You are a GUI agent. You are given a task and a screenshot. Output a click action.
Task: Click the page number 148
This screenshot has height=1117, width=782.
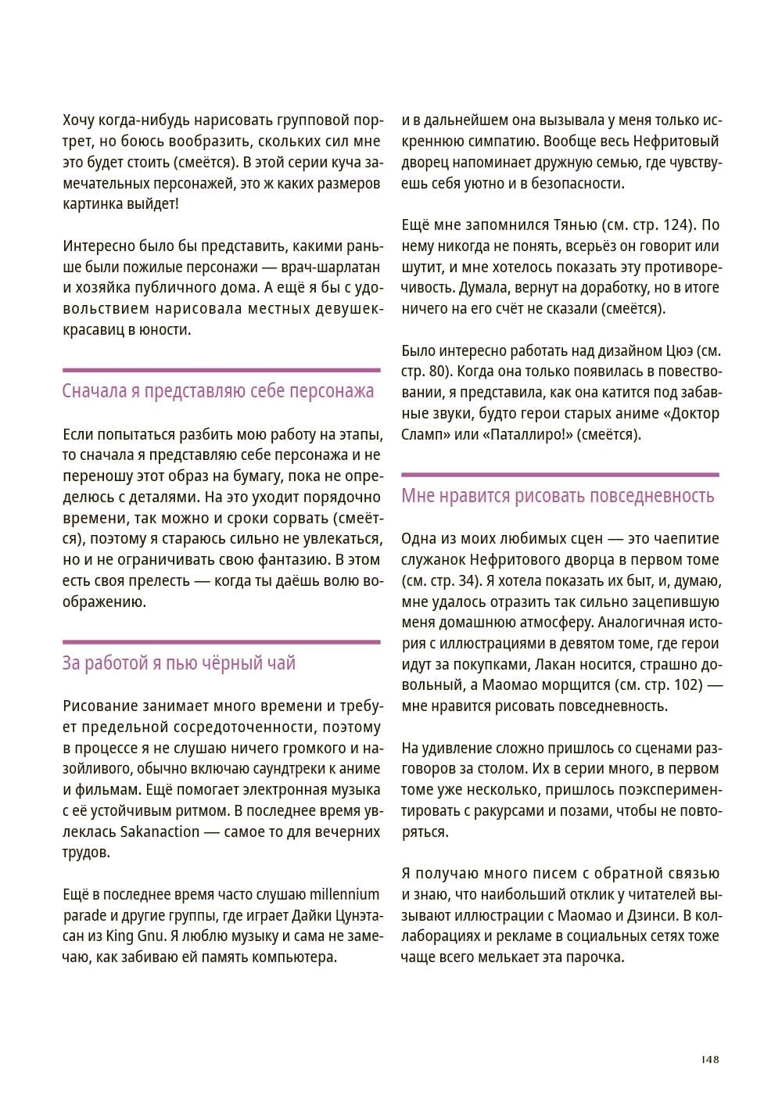point(709,1059)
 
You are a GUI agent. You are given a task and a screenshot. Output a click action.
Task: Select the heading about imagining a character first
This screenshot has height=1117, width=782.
point(218,391)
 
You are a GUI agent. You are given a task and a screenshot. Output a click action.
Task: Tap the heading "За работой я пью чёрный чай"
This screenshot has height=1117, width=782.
point(179,663)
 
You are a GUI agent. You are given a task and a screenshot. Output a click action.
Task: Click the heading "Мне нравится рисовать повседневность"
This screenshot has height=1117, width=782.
point(558,496)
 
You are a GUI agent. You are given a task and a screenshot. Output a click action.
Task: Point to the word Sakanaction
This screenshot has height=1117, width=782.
point(160,831)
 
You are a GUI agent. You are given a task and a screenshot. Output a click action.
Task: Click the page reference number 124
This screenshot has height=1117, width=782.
point(676,225)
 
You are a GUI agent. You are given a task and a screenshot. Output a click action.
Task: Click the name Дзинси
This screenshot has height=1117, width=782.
point(654,915)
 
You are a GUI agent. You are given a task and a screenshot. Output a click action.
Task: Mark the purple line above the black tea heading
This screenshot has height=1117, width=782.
point(221,642)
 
